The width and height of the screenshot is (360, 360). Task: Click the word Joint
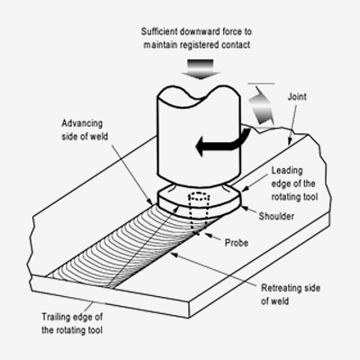click(297, 97)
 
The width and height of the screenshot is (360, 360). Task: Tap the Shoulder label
click(276, 216)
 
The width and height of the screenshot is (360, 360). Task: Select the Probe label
click(237, 242)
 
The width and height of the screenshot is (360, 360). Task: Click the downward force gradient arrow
click(200, 69)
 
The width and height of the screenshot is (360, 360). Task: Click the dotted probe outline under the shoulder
click(198, 212)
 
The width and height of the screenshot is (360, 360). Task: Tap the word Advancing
click(82, 123)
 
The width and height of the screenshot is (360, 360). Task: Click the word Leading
click(287, 171)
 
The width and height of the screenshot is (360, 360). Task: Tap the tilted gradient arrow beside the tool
click(262, 105)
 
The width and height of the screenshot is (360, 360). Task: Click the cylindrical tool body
click(199, 135)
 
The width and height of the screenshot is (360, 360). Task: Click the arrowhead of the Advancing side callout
click(150, 202)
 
